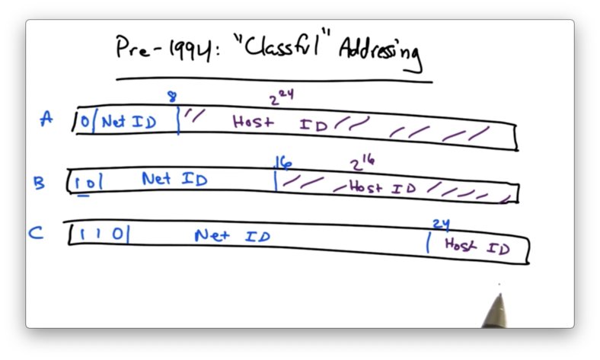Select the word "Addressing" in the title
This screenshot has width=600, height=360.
coord(379,53)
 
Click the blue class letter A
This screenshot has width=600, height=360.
coord(47,119)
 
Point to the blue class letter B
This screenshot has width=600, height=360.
coord(39,183)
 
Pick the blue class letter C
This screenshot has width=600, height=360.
coord(36,233)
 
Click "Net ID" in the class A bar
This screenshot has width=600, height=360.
coord(129,121)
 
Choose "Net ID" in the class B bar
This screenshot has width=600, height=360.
coord(174,180)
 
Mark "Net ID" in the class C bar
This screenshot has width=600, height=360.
coord(231,236)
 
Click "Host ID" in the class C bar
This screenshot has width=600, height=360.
coord(477,246)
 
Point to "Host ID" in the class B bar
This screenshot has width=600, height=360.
coord(381,188)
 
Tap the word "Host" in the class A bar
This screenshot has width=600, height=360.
coord(253,121)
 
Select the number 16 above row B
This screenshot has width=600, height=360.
coord(283,162)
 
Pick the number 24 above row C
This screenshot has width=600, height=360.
coord(441,224)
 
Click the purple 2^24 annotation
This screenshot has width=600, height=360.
coord(280,97)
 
